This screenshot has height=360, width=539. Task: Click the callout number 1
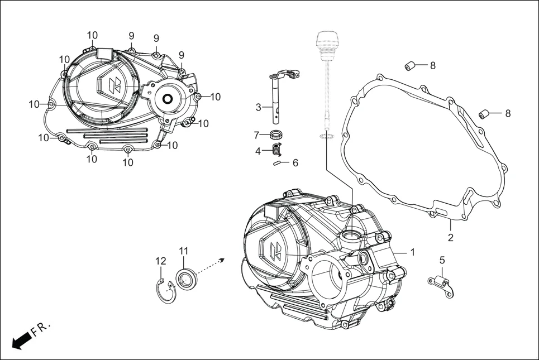pyautogui.click(x=412, y=252)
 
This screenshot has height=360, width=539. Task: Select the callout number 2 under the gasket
pyautogui.click(x=450, y=238)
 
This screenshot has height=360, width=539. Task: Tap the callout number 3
pyautogui.click(x=258, y=107)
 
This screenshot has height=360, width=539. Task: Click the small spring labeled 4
pyautogui.click(x=275, y=150)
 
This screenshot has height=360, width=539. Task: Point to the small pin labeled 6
pyautogui.click(x=277, y=163)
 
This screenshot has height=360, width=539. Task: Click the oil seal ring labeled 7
pyautogui.click(x=275, y=135)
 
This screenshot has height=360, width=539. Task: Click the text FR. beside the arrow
pyautogui.click(x=41, y=329)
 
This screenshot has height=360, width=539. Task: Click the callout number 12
pyautogui.click(x=160, y=261)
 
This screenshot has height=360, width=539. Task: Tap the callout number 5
pyautogui.click(x=442, y=260)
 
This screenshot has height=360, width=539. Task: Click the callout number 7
pyautogui.click(x=257, y=135)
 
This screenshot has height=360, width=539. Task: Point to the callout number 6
pyautogui.click(x=295, y=163)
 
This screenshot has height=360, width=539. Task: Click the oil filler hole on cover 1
pyautogui.click(x=353, y=234)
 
